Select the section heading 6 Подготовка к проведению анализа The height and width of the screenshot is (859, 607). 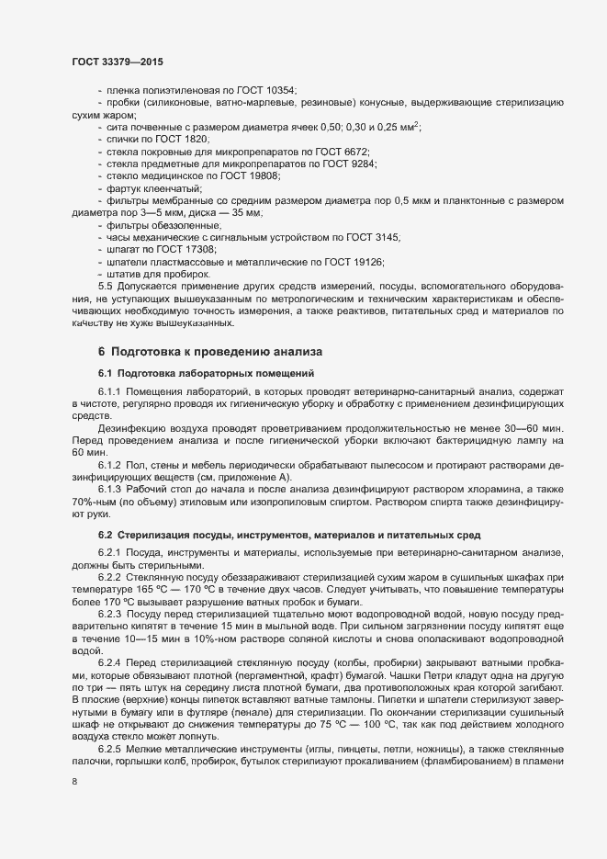pos(210,352)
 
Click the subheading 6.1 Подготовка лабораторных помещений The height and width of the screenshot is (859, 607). pos(207,373)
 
